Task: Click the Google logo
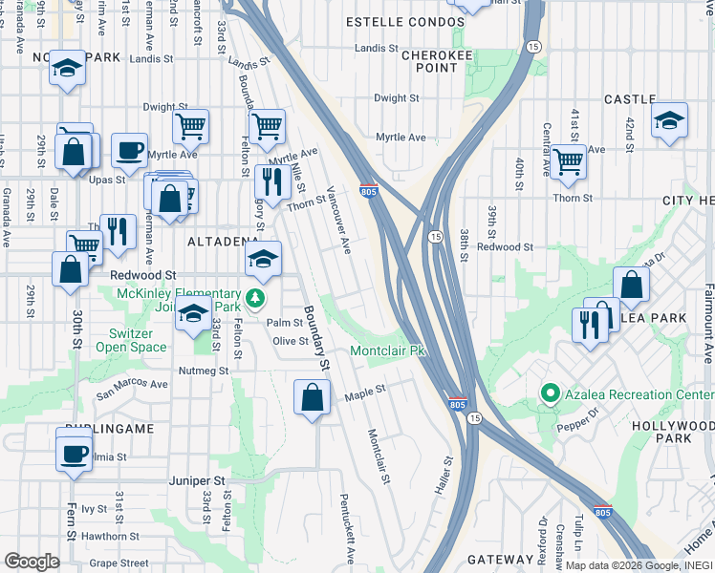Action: pyautogui.click(x=32, y=562)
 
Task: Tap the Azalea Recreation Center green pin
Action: pyautogui.click(x=550, y=393)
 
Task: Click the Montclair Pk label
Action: pyautogui.click(x=387, y=351)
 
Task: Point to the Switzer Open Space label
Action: pyautogui.click(x=131, y=340)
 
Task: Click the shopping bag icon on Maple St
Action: pyautogui.click(x=313, y=398)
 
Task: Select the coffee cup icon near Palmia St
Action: pyautogui.click(x=74, y=452)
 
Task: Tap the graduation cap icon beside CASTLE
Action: pyautogui.click(x=670, y=120)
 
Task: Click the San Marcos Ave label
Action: pyautogui.click(x=131, y=385)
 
